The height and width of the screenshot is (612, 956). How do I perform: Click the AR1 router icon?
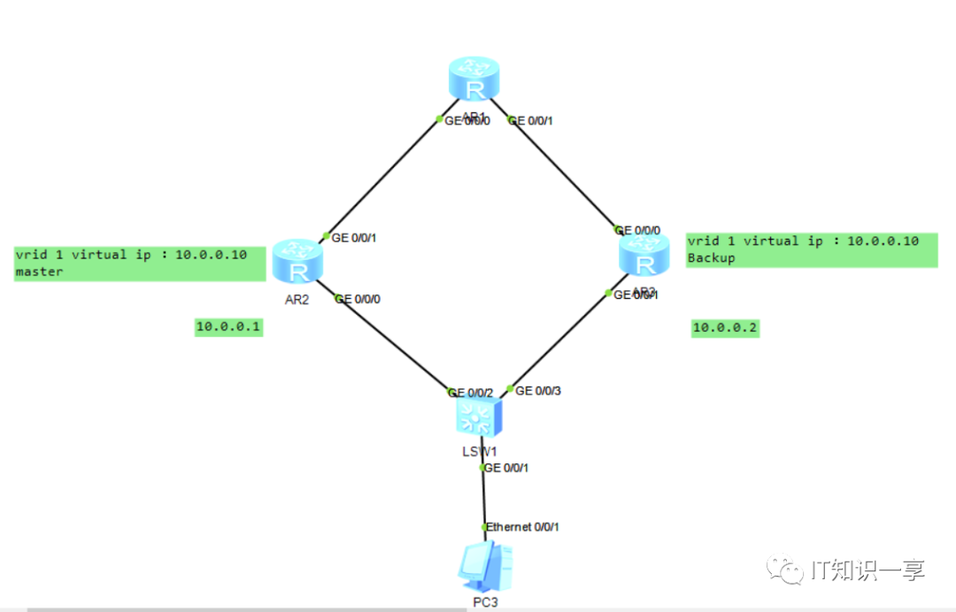click(x=474, y=79)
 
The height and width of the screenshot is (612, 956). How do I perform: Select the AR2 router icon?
click(x=297, y=262)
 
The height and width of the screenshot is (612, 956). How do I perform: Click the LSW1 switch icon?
click(x=479, y=417)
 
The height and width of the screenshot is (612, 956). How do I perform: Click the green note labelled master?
click(x=140, y=264)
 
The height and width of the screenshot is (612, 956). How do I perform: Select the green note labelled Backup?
click(x=811, y=249)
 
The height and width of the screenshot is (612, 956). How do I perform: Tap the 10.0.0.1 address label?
click(x=229, y=327)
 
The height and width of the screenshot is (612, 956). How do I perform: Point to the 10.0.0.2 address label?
click(x=725, y=328)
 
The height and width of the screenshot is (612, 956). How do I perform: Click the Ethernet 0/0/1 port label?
click(x=523, y=527)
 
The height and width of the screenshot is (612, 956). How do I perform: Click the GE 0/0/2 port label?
click(x=470, y=392)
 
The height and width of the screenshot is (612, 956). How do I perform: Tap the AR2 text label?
click(x=296, y=299)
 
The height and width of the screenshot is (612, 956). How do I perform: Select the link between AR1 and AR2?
click(x=383, y=177)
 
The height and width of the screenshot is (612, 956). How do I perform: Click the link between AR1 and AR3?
click(x=564, y=174)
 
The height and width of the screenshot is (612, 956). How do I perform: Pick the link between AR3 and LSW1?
click(x=559, y=340)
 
